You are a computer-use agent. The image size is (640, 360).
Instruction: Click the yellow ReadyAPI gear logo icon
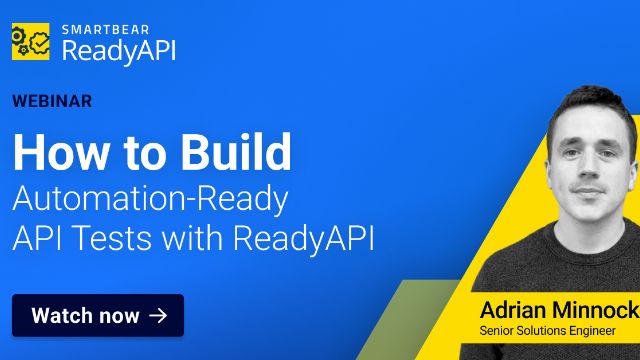click(x=31, y=41)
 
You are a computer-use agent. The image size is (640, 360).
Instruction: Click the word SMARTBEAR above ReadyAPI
click(x=106, y=29)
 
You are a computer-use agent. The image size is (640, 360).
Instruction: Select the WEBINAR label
click(x=52, y=101)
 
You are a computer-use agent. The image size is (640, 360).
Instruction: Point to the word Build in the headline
click(x=236, y=152)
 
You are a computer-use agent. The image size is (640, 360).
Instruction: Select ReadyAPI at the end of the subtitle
click(x=304, y=239)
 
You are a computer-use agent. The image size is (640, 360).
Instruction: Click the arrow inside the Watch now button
click(x=158, y=316)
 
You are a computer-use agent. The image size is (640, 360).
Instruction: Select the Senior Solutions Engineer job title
click(x=547, y=331)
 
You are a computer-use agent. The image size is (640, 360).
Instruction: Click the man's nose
click(x=589, y=167)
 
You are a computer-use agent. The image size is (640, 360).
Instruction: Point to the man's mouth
click(x=588, y=191)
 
